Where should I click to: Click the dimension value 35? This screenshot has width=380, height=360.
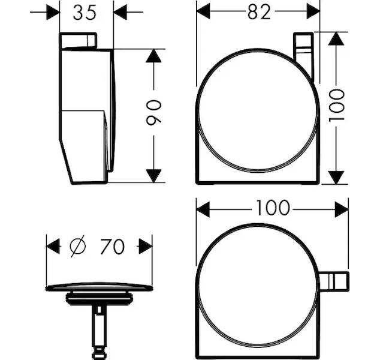pyautogui.click(x=85, y=13)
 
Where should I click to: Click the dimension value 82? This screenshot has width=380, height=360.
pyautogui.click(x=259, y=12)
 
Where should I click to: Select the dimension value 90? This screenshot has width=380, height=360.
pyautogui.click(x=154, y=113)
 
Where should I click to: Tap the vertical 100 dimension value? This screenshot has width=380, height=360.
pyautogui.click(x=337, y=105)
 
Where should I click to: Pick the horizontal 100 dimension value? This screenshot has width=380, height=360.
pyautogui.click(x=273, y=208)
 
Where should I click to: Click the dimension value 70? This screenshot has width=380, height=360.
pyautogui.click(x=113, y=247)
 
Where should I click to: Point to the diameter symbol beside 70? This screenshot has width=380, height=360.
pyautogui.click(x=78, y=246)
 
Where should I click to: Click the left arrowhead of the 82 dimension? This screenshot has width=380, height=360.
pyautogui.click(x=203, y=11)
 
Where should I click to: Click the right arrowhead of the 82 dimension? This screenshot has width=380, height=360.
pyautogui.click(x=313, y=11)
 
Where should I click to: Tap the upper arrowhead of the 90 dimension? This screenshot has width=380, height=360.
pyautogui.click(x=153, y=56)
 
